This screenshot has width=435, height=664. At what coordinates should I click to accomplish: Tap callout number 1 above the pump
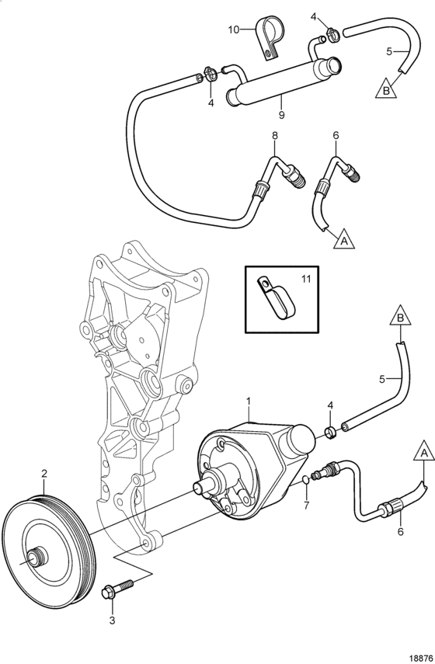pos(249,400)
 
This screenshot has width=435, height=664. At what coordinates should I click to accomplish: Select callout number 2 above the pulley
pos(44,475)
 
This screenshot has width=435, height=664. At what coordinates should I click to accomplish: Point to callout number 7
pos(307,505)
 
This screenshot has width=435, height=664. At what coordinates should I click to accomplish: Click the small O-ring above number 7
pos(306,480)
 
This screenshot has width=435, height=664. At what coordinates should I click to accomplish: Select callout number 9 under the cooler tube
pos(282,114)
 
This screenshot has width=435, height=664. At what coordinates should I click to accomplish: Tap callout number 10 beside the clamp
pos(233,30)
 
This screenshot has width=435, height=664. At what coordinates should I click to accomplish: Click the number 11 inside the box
pos(306,279)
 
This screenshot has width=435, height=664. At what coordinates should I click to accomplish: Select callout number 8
pos(275,136)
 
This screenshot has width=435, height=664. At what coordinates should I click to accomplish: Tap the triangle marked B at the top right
pos(386,90)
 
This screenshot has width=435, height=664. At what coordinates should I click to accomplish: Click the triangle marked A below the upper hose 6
pos(344,240)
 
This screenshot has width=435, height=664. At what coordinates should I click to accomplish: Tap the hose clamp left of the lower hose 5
pos(330,432)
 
